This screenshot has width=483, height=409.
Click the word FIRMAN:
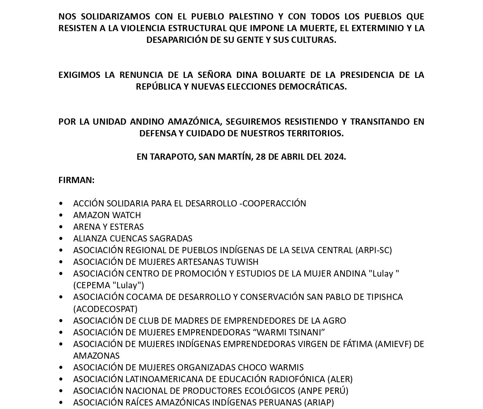[x=76, y=180]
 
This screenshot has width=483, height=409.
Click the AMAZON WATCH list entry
[x=107, y=215]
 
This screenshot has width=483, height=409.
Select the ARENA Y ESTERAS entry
[x=108, y=227]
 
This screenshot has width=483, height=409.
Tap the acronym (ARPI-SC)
[x=373, y=250]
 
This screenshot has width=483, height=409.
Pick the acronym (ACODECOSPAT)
[x=105, y=309]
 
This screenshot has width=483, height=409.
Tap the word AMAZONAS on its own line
[x=96, y=356]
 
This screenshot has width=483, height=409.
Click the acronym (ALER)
[x=340, y=379]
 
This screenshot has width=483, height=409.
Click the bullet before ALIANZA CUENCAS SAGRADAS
[x=61, y=238]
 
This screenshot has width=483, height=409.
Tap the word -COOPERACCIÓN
[x=274, y=203]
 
